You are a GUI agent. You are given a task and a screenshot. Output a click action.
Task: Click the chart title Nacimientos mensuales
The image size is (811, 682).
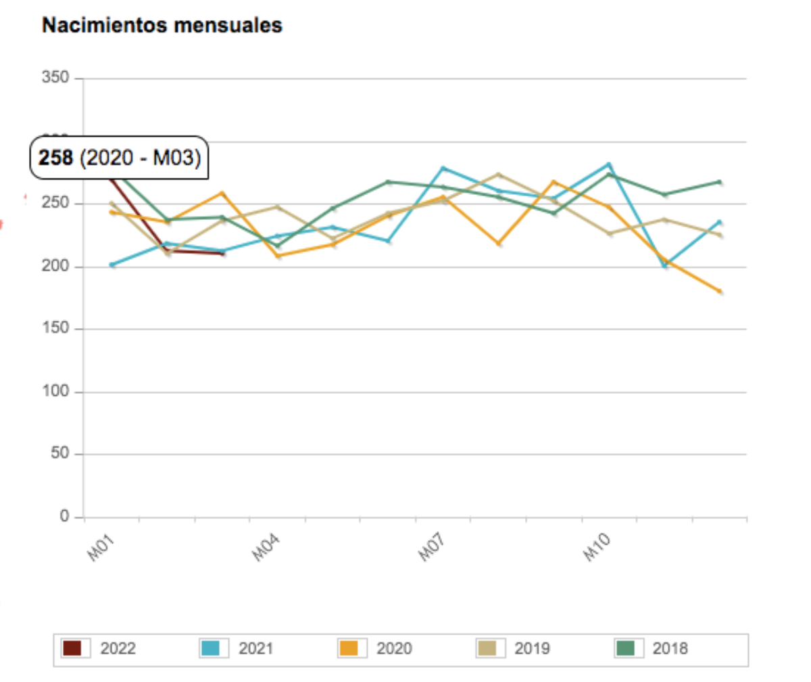tap(162, 26)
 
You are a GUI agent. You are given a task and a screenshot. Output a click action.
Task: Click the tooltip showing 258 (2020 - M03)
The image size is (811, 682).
tap(118, 160)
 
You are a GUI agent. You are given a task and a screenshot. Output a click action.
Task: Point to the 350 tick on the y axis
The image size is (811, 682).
tap(56, 78)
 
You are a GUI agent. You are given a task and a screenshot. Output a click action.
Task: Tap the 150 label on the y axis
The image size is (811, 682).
tap(56, 329)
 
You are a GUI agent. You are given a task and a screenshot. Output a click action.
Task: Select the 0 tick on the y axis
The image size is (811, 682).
tap(64, 517)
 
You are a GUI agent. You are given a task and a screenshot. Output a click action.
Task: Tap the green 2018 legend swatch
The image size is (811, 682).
tap(626, 648)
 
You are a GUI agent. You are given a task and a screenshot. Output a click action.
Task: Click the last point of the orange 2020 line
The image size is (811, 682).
tap(719, 292)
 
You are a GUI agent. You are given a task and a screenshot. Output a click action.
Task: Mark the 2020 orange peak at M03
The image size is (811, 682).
tap(222, 193)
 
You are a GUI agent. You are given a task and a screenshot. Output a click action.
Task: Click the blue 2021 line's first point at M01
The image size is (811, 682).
tap(112, 265)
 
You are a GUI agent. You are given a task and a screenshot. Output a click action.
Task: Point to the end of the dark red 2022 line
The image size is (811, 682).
tap(222, 254)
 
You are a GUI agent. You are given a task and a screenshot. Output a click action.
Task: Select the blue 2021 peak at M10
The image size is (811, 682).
tap(609, 164)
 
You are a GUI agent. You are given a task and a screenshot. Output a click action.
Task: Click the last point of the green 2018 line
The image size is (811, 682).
tap(719, 182)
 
